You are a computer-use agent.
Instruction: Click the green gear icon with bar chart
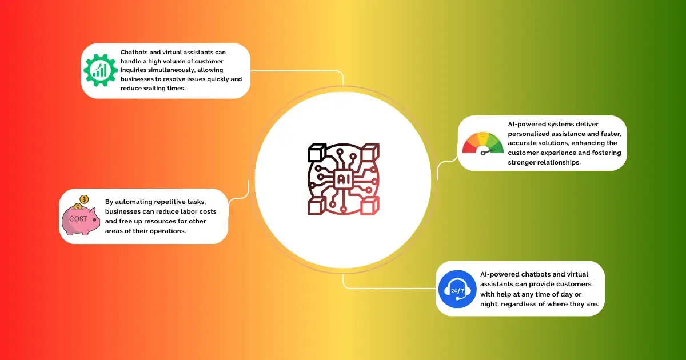(101, 70)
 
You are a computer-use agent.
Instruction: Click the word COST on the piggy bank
(78, 219)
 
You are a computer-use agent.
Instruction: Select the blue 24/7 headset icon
(457, 289)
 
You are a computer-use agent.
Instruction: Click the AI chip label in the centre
(344, 179)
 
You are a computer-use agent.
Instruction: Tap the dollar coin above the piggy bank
(84, 199)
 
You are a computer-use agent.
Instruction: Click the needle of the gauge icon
(488, 151)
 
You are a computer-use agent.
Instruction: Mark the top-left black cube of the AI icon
(317, 153)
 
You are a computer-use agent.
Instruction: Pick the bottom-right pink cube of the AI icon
(370, 205)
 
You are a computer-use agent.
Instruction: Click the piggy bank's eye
(95, 220)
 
